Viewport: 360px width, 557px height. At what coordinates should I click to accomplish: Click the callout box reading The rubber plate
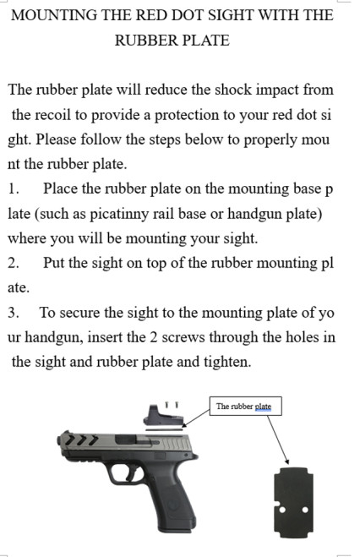244,407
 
